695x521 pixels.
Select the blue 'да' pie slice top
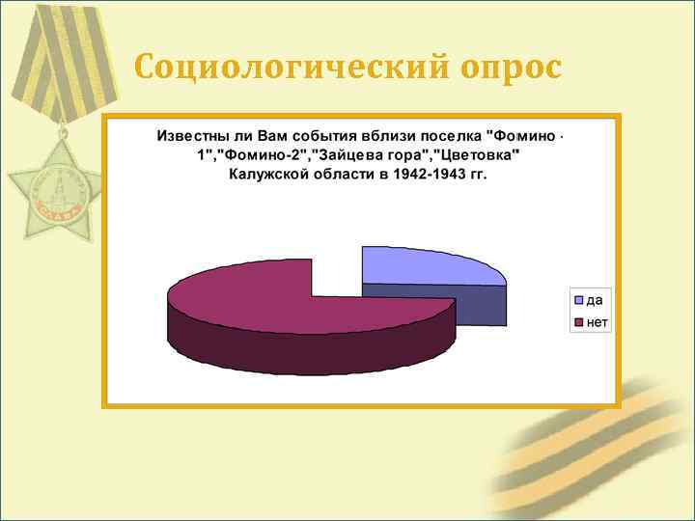(x=425, y=264)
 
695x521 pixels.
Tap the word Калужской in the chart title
(x=267, y=174)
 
